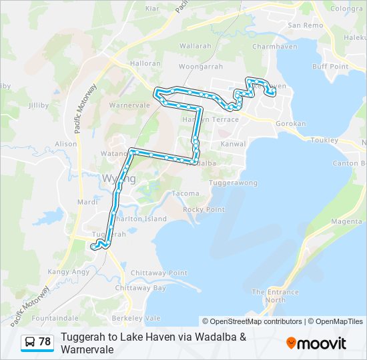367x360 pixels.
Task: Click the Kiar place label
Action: click(152, 9)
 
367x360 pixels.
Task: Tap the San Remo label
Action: click(305, 25)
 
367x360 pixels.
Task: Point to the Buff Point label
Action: click(330, 67)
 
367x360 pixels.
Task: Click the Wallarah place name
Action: click(195, 47)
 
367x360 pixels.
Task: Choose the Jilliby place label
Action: click(39, 105)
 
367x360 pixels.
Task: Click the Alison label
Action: click(66, 144)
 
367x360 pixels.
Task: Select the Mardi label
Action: click(87, 201)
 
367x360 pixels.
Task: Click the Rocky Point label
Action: click(204, 209)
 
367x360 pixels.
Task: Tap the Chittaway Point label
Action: click(159, 273)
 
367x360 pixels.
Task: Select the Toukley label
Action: click(325, 141)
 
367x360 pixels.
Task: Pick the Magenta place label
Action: click(346, 222)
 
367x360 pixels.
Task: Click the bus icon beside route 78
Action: click(29, 342)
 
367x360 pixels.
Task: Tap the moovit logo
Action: click(316, 343)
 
